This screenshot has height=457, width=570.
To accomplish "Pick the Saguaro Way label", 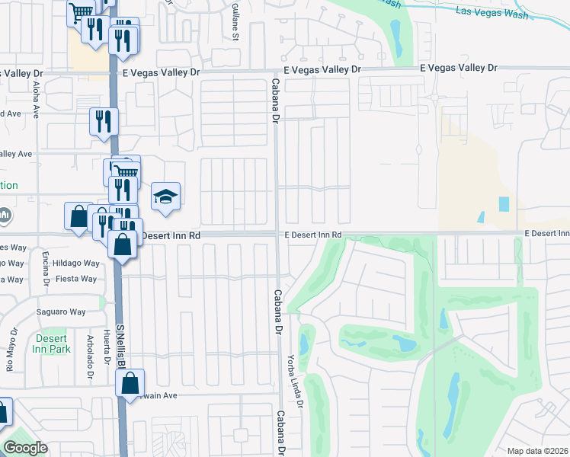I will (x=62, y=312).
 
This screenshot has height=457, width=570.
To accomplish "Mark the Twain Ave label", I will (x=158, y=396).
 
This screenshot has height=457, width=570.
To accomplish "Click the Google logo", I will (x=26, y=448).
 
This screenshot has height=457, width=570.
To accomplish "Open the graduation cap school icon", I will (x=165, y=197).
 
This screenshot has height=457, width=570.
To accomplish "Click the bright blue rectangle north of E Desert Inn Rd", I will (x=503, y=204).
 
